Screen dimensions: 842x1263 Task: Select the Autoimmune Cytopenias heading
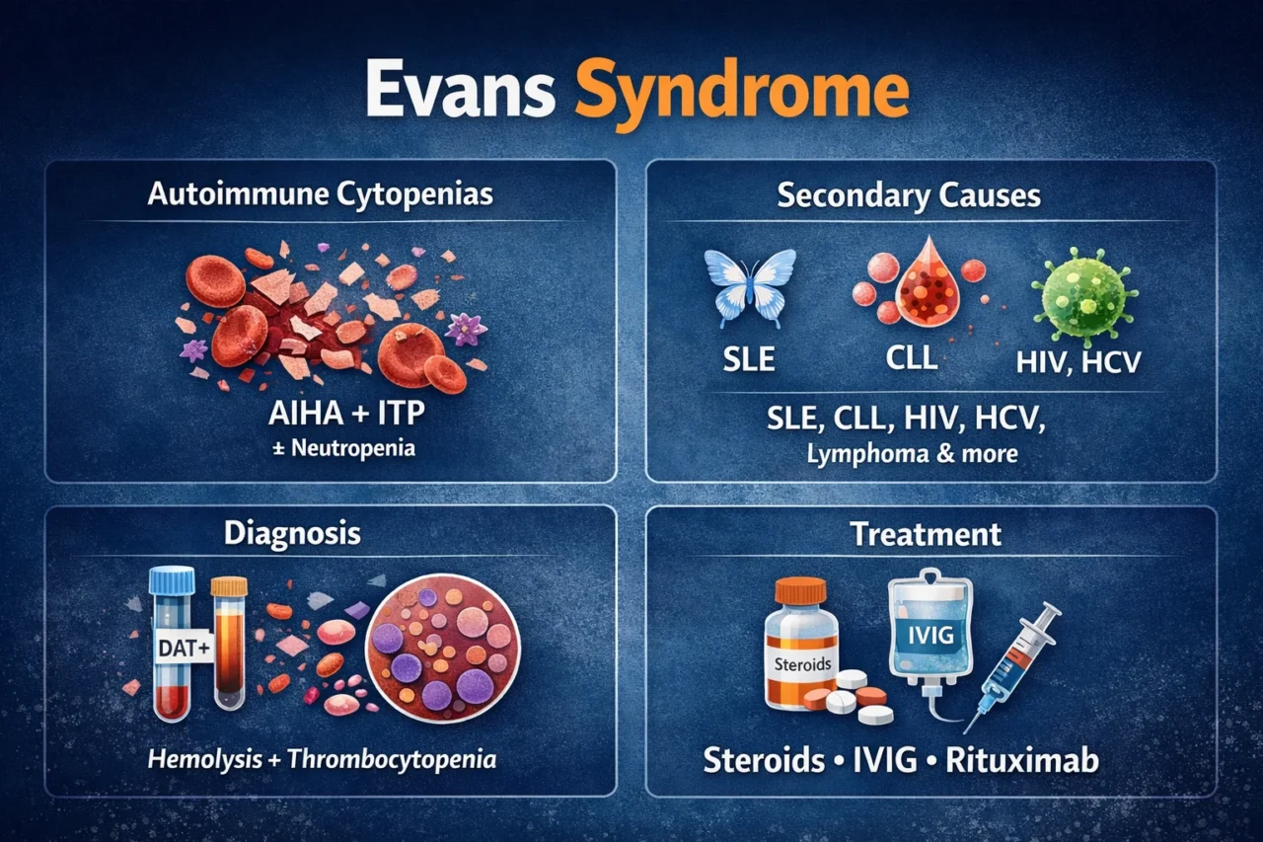click(x=321, y=193)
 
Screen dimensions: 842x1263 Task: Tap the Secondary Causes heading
click(x=909, y=195)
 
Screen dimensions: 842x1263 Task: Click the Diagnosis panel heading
click(x=292, y=534)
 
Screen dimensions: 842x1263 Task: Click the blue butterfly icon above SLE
click(x=750, y=286)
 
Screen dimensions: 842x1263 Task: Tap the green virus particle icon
click(x=1082, y=293)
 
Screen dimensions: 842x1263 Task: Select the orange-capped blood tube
click(x=229, y=642)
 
